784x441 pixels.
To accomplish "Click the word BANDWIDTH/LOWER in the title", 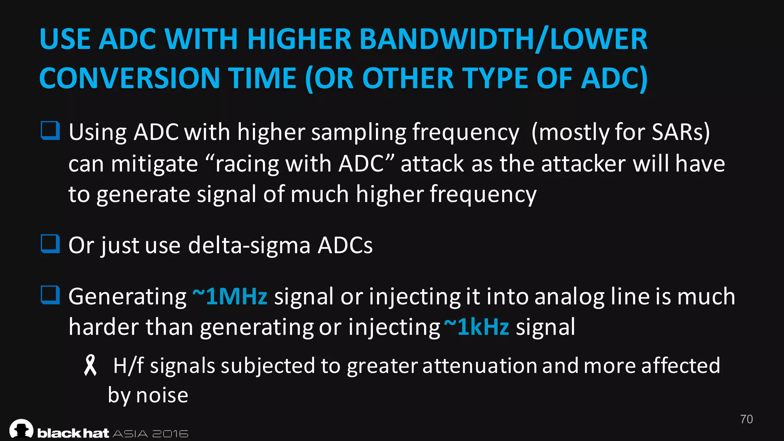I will (x=503, y=39).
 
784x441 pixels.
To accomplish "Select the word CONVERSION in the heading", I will (x=129, y=78).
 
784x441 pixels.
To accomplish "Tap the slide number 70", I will (x=746, y=419).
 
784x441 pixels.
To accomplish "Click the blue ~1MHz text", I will (x=230, y=296).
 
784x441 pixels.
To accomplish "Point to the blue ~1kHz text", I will (x=477, y=327).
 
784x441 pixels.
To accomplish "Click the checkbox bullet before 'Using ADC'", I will (x=50, y=131).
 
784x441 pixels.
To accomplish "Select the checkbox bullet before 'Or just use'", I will (x=50, y=244).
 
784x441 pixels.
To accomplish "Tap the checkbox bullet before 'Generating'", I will (x=50, y=295).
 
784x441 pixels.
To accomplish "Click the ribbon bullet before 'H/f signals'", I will (x=90, y=365).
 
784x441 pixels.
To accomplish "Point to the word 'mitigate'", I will (x=155, y=164).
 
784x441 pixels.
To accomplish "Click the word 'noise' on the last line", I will (x=162, y=395).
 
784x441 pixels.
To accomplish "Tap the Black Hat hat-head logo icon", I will (x=21, y=429).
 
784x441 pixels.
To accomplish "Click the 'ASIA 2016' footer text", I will (x=150, y=434).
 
